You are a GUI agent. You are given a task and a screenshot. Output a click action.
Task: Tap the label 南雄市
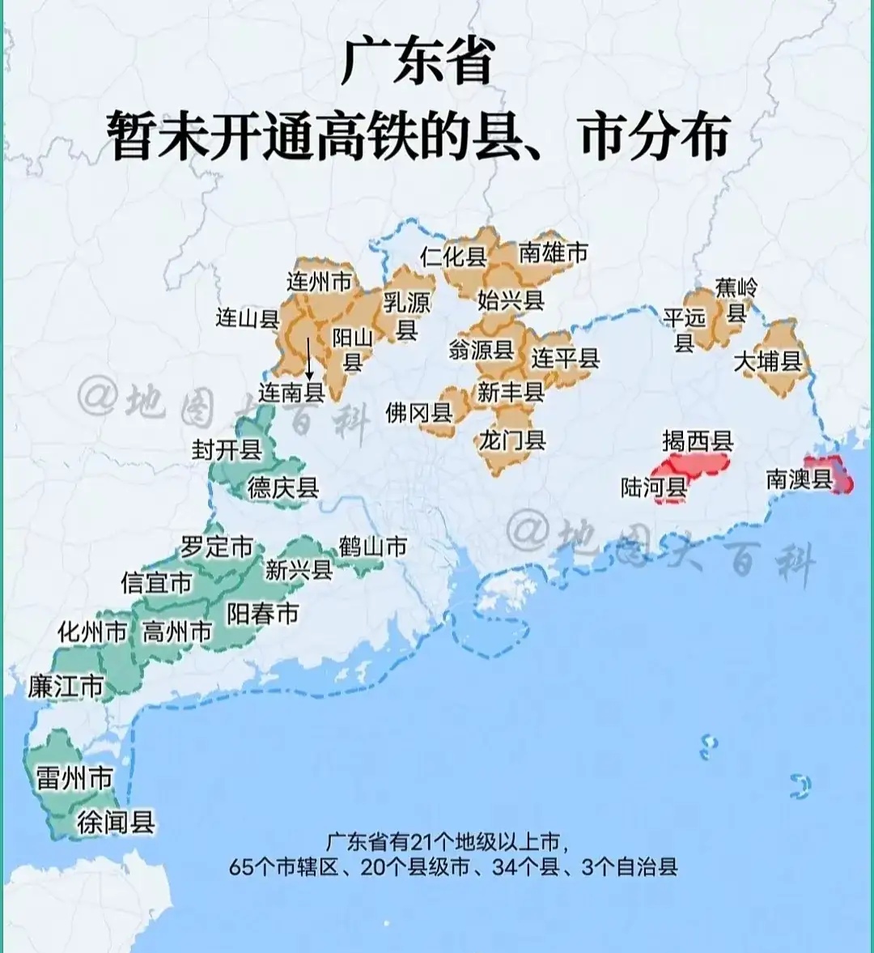553,253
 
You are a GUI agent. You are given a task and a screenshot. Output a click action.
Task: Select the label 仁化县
453,257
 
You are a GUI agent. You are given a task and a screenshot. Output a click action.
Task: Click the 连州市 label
320,282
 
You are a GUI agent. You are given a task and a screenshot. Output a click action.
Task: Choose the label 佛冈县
418,413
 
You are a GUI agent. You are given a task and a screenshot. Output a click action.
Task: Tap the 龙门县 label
512,440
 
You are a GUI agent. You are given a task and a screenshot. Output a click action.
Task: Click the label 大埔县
767,361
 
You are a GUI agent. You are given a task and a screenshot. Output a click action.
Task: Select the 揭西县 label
698,441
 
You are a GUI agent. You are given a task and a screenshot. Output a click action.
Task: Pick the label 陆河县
654,487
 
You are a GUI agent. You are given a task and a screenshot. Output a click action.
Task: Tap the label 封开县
227,449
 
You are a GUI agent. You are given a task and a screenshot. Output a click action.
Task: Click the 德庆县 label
283,487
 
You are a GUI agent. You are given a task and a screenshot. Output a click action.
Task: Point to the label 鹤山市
372,547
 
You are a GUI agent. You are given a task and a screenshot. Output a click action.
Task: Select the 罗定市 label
216,547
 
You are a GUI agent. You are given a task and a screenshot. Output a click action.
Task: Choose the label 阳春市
263,614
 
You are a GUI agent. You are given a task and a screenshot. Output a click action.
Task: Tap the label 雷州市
74,779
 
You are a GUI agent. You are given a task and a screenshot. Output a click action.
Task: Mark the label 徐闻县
116,823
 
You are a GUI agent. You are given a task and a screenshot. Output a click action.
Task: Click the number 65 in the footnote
240,867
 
